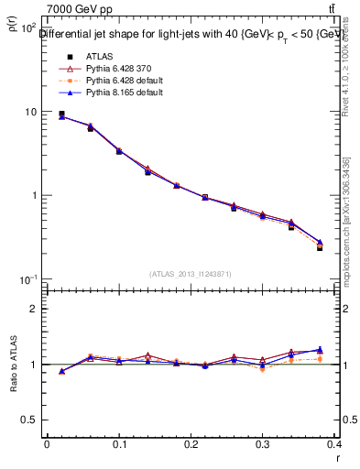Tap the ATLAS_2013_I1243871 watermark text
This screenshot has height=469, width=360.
(191, 274)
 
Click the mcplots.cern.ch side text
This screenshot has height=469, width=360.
(346, 234)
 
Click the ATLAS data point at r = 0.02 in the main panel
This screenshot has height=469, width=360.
(61, 115)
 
